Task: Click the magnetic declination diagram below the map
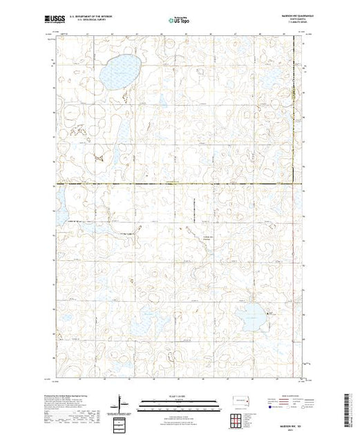120,403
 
